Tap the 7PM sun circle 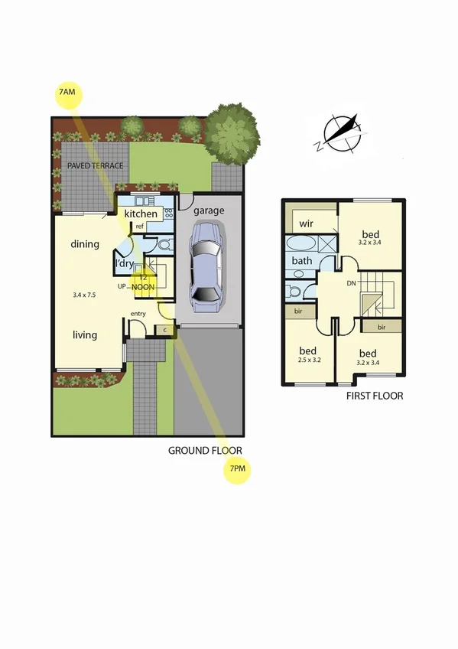coord(237,469)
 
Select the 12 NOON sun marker coord(142,282)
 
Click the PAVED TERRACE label coord(95,165)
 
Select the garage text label coord(209,210)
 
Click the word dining coord(85,245)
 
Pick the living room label coord(85,334)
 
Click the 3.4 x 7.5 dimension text coord(86,294)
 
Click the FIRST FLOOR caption coord(375,396)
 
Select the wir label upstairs coord(308,224)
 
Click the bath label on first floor coord(302,260)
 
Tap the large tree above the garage coord(232,133)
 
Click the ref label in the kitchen coord(141,227)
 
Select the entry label coord(138,315)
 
